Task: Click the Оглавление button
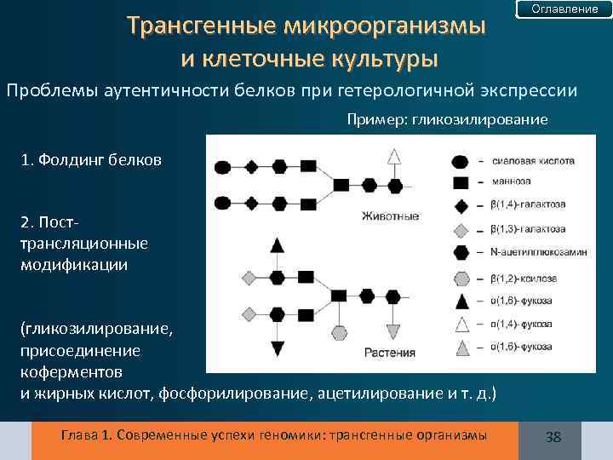pos(564,9)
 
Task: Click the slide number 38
pos(553,437)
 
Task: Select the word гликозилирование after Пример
pos(479,119)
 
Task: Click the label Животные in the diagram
pos(391,216)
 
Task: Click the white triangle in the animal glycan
pos(393,157)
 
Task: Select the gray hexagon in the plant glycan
pos(338,331)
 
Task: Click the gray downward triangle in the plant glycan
pos(393,331)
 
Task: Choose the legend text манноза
pos(509,182)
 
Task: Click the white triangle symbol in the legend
pos(460,324)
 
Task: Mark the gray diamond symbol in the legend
pos(460,230)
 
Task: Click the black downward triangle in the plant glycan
pos(277,348)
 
